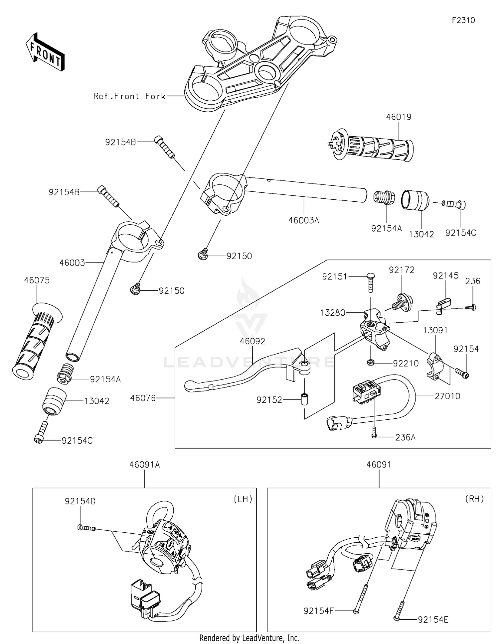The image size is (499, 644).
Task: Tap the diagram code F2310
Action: (x=463, y=20)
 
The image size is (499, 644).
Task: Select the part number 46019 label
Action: (x=399, y=117)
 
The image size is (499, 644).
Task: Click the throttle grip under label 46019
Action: (x=369, y=146)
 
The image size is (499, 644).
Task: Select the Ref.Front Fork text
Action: (x=129, y=96)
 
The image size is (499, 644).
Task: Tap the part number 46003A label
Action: (x=304, y=220)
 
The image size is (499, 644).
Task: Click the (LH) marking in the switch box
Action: (x=243, y=499)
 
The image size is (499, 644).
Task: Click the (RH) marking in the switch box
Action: (x=474, y=499)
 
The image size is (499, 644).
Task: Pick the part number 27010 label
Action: (x=447, y=396)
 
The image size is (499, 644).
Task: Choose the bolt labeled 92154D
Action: (x=86, y=527)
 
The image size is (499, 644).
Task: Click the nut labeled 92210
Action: (x=370, y=363)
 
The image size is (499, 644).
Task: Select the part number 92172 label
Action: (x=402, y=270)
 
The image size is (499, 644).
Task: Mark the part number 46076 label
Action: (x=143, y=398)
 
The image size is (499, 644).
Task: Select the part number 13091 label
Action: (x=435, y=330)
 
